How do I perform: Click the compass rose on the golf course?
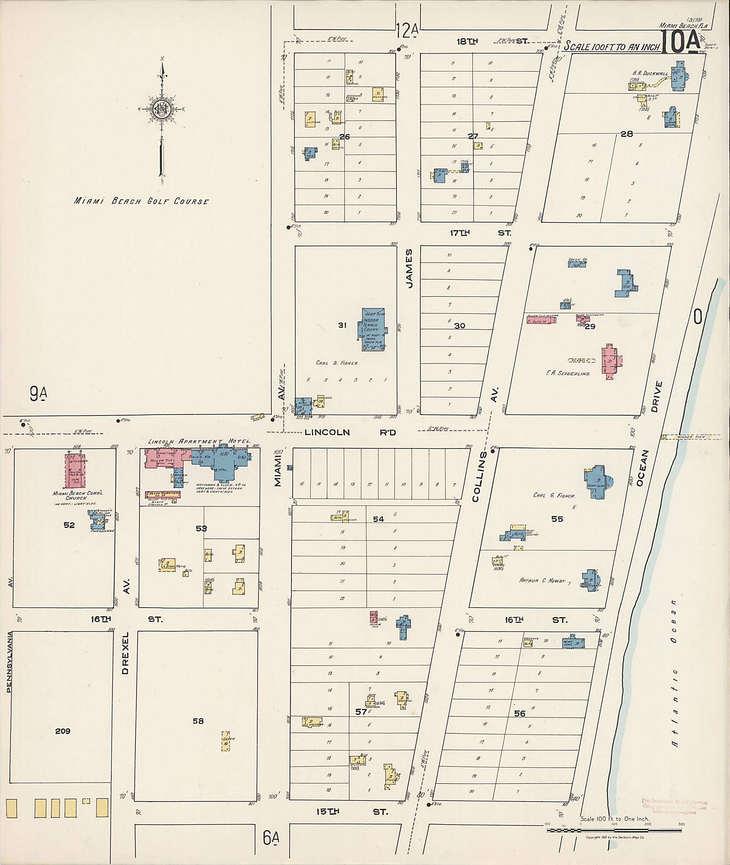161,109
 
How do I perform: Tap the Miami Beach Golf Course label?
141,201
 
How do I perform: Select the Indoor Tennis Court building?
373,329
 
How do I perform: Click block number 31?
342,325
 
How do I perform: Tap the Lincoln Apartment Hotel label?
199,442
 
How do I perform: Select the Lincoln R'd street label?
350,432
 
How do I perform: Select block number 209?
63,731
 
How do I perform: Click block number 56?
520,713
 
